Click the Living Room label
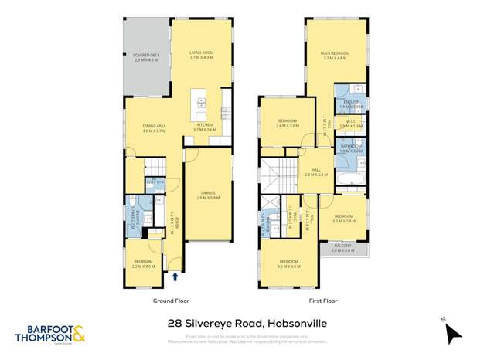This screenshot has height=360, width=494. (201, 55)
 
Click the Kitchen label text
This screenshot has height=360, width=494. (204, 126)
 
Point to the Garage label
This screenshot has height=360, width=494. (208, 194)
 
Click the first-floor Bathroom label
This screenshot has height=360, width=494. (351, 146)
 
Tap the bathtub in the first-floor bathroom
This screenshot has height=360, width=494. (351, 178)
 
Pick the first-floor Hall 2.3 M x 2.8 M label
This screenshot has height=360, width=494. (315, 172)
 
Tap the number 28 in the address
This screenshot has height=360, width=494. (175, 324)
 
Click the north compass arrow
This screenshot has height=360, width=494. (453, 334)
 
